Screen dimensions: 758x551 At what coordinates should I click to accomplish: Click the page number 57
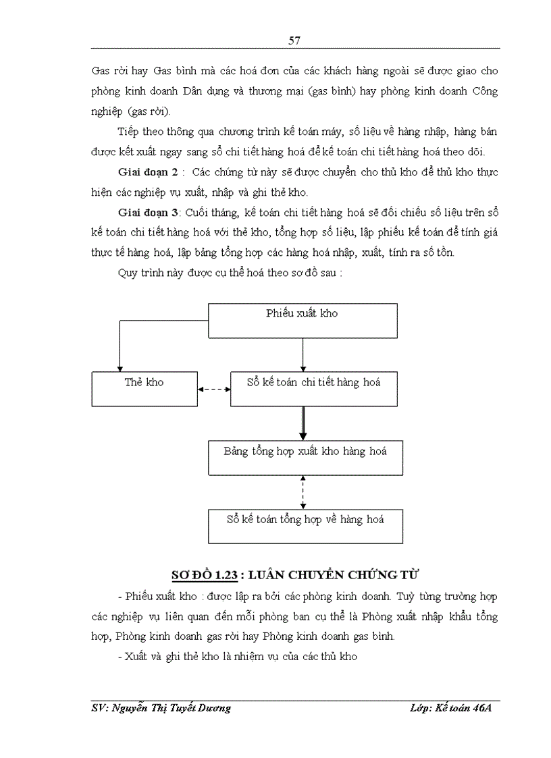(294, 40)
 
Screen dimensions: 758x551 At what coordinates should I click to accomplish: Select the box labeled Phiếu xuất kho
(302, 320)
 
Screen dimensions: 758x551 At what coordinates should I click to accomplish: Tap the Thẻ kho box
(145, 388)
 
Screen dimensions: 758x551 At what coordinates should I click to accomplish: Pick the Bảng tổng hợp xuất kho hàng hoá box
(305, 457)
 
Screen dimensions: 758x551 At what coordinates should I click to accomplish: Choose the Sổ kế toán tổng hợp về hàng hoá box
(305, 526)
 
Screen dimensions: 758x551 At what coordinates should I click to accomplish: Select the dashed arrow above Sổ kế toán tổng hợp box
(303, 492)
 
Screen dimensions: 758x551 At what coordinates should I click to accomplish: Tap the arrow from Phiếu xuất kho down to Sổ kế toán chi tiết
(303, 354)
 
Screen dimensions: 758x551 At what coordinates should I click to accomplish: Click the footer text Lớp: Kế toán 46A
(450, 708)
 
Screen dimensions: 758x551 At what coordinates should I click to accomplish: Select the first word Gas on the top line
(101, 71)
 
